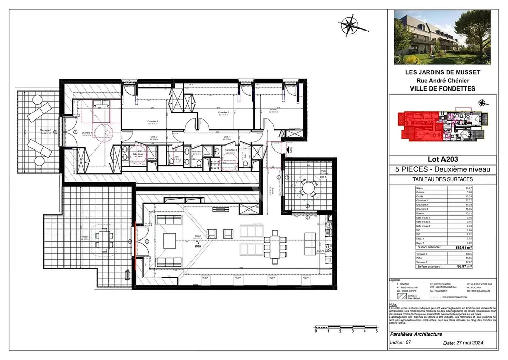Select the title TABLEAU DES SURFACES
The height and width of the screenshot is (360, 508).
point(442,179)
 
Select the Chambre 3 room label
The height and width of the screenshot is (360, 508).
point(224,113)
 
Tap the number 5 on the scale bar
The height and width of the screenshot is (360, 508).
point(376,331)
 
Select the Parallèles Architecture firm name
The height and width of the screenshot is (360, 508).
point(416,334)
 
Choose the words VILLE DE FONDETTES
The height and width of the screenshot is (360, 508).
point(442,88)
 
